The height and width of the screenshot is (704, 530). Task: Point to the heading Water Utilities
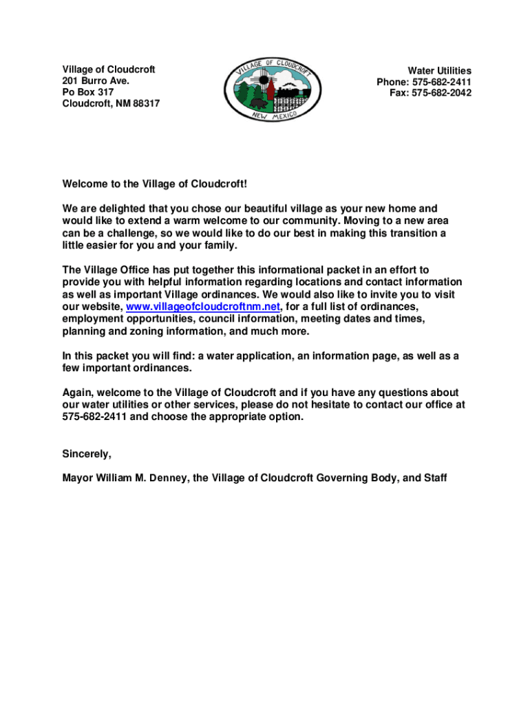coord(439,71)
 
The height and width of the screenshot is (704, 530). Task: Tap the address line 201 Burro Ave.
coord(96,81)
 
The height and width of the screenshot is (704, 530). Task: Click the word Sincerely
coord(87,454)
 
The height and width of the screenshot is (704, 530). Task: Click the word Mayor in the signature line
coord(78,477)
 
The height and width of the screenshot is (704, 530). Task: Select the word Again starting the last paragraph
coord(77,393)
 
